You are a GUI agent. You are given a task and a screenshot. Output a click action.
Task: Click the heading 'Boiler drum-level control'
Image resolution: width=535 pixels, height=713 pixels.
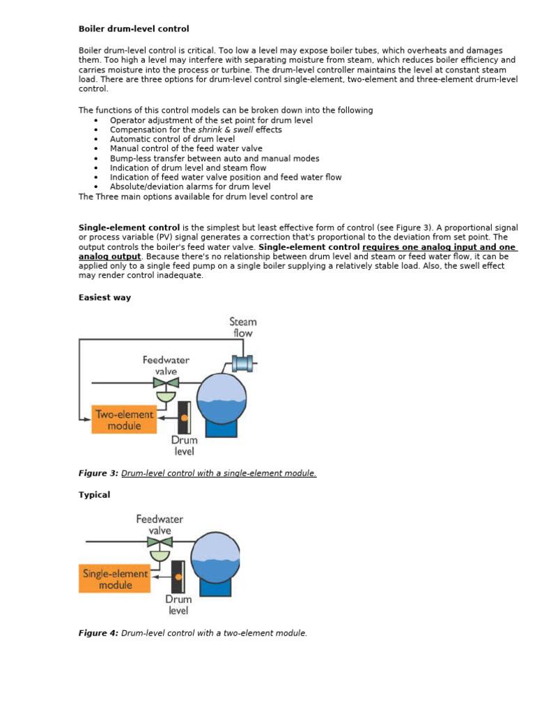click(x=134, y=29)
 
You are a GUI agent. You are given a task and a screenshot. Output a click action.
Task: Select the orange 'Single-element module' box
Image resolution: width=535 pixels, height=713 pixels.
click(x=115, y=579)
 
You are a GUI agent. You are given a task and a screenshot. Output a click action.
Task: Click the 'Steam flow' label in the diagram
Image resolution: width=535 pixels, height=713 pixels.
click(x=243, y=327)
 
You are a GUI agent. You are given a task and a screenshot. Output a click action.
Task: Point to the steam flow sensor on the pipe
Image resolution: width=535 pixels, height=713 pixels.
click(x=244, y=363)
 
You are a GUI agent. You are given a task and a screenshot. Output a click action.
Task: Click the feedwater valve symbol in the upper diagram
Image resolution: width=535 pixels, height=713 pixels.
click(x=166, y=384)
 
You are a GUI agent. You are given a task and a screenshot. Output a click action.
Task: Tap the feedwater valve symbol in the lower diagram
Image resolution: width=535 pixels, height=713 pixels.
click(x=162, y=542)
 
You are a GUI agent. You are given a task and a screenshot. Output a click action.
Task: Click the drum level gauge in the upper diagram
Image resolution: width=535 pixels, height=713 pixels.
click(x=185, y=417)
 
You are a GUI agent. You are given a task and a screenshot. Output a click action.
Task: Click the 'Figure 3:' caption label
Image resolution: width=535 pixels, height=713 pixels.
click(x=99, y=473)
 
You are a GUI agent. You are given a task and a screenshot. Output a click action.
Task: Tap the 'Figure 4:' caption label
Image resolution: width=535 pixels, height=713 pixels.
click(x=99, y=633)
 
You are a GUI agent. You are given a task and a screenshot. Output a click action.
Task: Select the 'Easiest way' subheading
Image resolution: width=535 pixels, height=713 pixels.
click(x=104, y=297)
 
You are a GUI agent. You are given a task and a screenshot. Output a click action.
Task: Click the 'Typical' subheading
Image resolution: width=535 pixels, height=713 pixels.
click(x=94, y=494)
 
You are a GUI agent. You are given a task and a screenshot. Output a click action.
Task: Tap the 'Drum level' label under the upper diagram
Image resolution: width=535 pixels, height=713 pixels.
click(x=185, y=446)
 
